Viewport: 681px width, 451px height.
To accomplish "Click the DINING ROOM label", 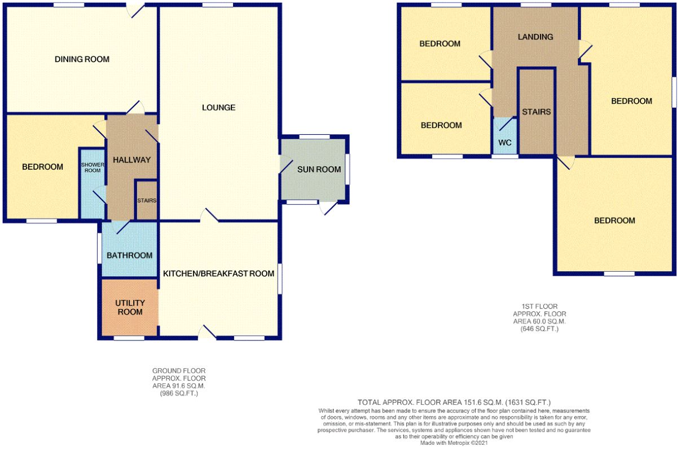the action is pos(82,59).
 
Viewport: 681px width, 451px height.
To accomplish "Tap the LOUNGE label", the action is pos(218,108).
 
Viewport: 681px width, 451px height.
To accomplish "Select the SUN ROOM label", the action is pos(319,170).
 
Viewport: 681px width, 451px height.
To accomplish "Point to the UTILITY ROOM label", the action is pos(130,307).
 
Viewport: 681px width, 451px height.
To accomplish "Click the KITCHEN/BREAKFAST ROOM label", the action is pos(218,273).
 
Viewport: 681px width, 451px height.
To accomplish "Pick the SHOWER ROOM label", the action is pos(93,167).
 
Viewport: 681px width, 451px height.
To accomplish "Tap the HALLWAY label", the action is pos(131,160).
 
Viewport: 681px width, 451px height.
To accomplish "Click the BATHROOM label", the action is pos(130,255).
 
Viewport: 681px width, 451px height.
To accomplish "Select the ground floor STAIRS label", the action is pos(147,201).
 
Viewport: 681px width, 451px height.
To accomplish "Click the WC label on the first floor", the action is pos(504,143).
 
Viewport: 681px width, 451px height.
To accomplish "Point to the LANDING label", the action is pos(535,37).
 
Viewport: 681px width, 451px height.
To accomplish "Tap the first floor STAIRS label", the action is pos(537,112).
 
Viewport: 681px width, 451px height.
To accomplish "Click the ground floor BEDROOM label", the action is pos(42,167).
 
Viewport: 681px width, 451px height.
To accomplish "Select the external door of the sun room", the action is pos(328,207).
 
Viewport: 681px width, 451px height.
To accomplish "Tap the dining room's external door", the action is pos(135,10).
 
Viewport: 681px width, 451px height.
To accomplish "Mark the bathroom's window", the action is pos(99,248).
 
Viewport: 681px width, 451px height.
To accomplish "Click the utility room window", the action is pos(129,338).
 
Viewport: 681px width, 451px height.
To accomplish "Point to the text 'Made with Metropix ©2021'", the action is pos(454,443).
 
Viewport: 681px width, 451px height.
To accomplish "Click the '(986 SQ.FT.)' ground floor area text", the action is pos(179,393).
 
